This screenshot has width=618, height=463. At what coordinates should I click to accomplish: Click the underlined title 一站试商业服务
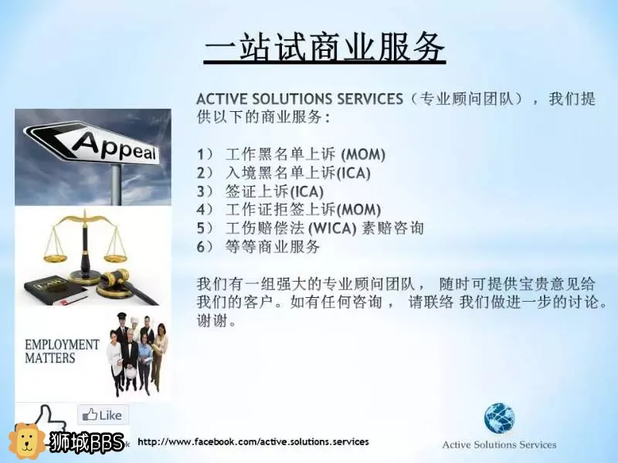(324, 47)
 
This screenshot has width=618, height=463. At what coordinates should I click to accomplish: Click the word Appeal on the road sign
(115, 146)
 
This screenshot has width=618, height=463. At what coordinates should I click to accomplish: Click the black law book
(55, 289)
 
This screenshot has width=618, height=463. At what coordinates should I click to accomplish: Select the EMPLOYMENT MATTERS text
(62, 351)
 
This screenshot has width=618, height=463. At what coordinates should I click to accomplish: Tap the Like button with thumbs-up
(103, 415)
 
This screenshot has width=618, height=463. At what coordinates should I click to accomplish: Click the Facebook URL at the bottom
(253, 441)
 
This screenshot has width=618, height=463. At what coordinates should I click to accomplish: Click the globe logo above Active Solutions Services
(499, 418)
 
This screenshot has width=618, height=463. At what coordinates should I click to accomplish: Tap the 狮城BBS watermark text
(87, 442)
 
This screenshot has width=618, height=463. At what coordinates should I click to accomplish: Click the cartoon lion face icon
(27, 441)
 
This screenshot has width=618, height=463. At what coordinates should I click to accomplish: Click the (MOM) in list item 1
(363, 154)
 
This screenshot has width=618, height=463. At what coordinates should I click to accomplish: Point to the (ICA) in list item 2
(354, 173)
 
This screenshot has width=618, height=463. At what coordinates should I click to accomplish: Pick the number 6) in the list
(205, 247)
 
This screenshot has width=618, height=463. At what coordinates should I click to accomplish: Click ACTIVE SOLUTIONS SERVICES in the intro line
(300, 99)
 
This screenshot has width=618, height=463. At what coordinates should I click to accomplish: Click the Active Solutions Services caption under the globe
(499, 445)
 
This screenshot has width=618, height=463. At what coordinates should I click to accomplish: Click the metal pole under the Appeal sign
(117, 184)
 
